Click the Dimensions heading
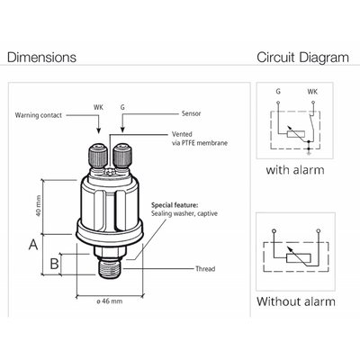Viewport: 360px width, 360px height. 41,58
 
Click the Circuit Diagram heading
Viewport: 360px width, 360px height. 302,58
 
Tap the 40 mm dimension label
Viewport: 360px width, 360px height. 38,206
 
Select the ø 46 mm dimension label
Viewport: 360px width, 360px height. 110,301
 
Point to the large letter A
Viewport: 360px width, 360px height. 33,245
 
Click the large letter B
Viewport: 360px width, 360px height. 54,264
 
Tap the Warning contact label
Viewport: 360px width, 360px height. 39,115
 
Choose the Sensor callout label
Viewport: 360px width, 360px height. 191,113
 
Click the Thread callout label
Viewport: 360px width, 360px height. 205,268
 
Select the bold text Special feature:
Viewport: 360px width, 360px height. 175,205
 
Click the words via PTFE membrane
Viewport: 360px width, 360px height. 200,143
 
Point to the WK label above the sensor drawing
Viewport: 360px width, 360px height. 98,107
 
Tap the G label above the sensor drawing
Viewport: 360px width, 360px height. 122,107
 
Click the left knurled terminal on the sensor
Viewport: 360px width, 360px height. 97,156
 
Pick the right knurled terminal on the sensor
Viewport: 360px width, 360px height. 121,156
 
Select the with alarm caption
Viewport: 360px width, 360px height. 295,170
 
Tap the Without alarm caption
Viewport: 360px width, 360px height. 296,301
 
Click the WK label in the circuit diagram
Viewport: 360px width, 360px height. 312,92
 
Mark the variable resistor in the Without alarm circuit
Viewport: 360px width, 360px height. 299,258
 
